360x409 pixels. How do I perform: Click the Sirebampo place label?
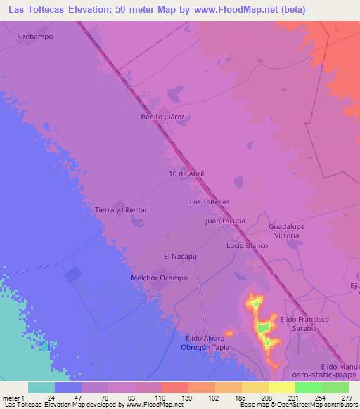(x=34, y=35)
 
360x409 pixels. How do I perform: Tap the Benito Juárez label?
(x=167, y=117)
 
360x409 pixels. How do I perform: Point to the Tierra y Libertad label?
(x=122, y=209)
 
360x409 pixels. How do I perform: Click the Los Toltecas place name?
(x=210, y=202)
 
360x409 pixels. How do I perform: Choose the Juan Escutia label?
(x=225, y=221)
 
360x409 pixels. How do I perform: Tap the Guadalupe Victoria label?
(x=287, y=232)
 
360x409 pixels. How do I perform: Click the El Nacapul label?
(x=182, y=257)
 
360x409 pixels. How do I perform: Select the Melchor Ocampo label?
(x=160, y=278)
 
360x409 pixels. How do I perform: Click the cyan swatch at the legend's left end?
(x=41, y=387)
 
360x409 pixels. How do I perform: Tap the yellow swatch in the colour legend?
(x=282, y=387)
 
